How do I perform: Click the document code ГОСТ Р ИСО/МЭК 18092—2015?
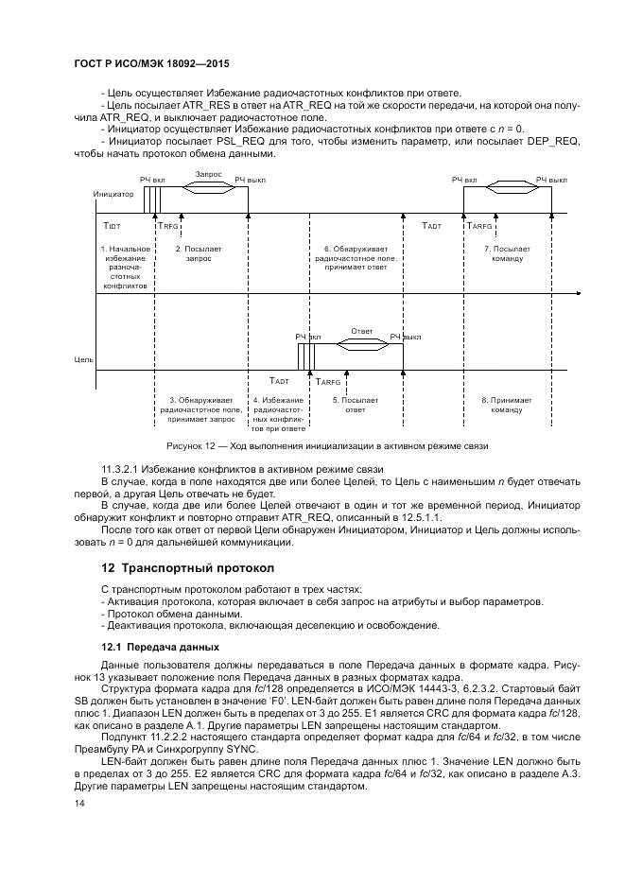[x=152, y=65]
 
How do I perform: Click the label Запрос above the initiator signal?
[x=208, y=174]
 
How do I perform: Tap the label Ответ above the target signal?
[x=361, y=331]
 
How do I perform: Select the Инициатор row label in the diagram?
[x=113, y=194]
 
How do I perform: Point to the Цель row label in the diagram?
[x=84, y=359]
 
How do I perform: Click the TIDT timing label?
[x=113, y=228]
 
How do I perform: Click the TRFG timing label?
[x=166, y=228]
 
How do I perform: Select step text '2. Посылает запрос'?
[x=199, y=253]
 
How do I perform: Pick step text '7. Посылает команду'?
[x=507, y=253]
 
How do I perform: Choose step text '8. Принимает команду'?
[x=507, y=406]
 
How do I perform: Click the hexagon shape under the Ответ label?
[x=361, y=345]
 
